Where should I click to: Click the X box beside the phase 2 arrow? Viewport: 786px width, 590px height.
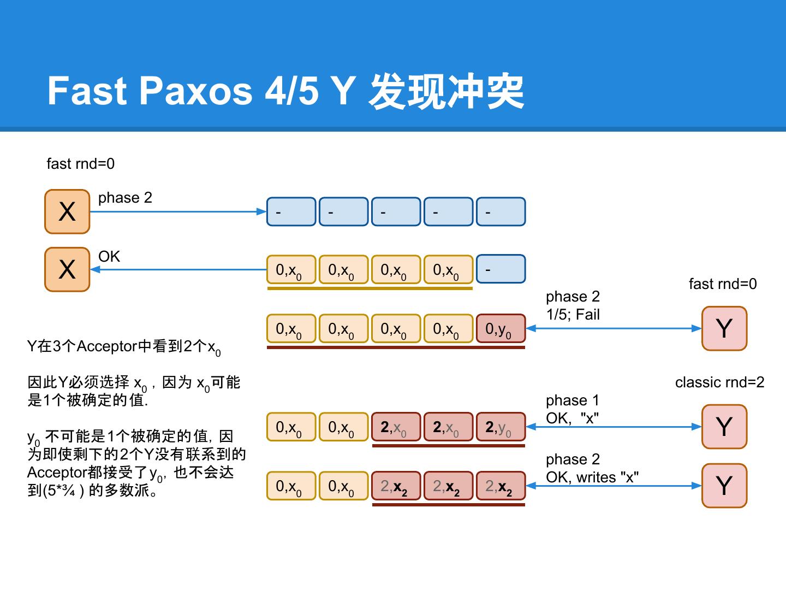(67, 211)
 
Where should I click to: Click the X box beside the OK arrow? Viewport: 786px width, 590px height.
(67, 269)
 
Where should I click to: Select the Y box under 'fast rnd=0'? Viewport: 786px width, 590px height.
(724, 328)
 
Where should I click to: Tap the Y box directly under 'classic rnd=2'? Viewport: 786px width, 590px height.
(724, 427)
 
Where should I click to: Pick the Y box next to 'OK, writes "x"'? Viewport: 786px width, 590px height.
(724, 486)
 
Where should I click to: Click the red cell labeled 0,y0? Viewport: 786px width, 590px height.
(501, 328)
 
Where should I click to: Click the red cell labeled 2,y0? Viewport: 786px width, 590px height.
(501, 427)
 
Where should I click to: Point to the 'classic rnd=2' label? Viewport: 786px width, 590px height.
(719, 382)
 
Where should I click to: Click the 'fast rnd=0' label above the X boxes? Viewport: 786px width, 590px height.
(81, 164)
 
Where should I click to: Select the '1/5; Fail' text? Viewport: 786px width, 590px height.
(573, 315)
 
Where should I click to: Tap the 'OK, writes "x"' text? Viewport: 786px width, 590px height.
(592, 477)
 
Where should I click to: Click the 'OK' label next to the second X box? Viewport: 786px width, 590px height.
(109, 257)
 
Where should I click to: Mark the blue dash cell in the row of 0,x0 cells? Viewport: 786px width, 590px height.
(501, 269)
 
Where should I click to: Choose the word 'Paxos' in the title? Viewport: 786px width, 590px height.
(195, 90)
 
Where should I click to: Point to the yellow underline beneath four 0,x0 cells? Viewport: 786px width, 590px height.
(370, 288)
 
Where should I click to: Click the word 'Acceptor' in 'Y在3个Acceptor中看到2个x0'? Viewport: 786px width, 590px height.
(106, 346)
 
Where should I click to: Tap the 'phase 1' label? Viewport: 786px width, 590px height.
(573, 400)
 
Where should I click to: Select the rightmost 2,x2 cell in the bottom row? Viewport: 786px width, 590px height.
(501, 486)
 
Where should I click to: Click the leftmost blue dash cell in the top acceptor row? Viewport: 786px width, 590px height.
(291, 211)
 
